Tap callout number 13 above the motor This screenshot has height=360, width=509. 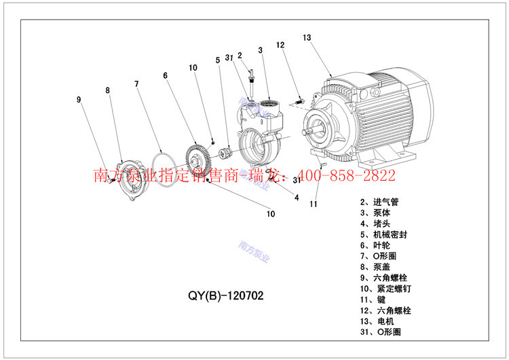307,37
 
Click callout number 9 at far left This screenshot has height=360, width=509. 79,100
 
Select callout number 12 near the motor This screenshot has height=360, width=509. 280,46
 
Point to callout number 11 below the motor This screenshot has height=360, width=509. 314,203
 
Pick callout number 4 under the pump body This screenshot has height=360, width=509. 297,198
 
